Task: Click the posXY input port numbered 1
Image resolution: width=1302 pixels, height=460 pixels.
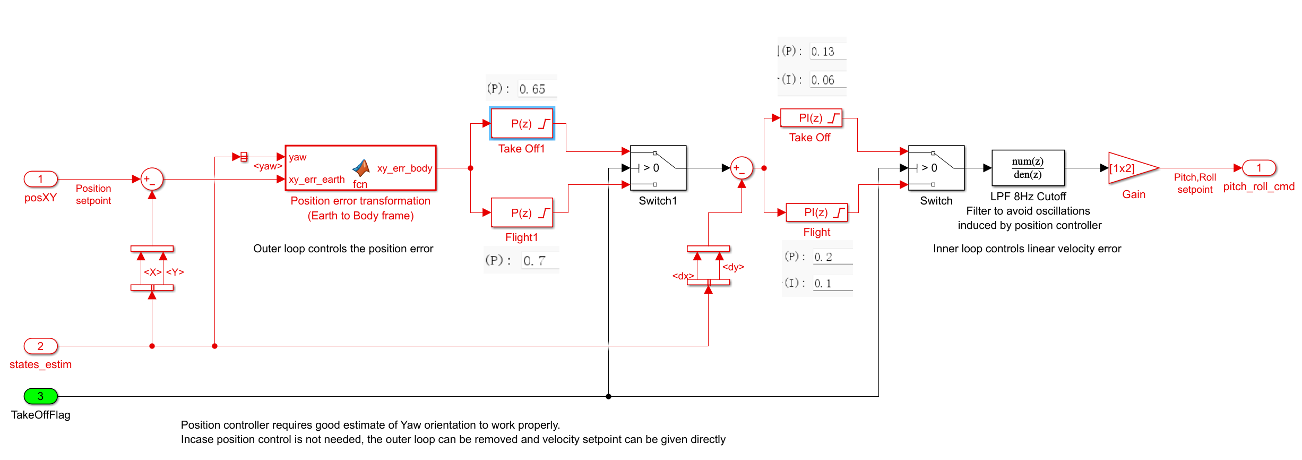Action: (x=40, y=179)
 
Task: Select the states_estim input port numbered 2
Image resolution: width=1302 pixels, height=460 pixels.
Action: (x=40, y=346)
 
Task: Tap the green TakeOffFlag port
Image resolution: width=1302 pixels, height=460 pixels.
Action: (x=40, y=396)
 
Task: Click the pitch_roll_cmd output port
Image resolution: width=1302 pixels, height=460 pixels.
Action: (x=1258, y=168)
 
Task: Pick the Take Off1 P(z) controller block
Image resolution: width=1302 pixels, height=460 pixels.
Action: (x=522, y=124)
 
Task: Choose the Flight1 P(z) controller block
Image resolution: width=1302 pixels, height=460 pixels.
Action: (x=522, y=213)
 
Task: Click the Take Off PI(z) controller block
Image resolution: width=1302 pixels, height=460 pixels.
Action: (x=811, y=118)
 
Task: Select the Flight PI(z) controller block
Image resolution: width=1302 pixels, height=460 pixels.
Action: (x=816, y=212)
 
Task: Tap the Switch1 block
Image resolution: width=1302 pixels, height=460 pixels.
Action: (x=658, y=168)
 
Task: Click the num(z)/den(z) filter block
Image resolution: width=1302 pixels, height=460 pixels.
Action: (x=1028, y=168)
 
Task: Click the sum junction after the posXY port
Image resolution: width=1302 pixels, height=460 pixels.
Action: (x=152, y=180)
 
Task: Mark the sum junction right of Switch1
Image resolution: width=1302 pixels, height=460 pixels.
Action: (x=741, y=168)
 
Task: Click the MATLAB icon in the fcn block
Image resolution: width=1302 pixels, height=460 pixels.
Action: (x=361, y=168)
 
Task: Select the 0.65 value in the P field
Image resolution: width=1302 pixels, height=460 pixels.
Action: (x=532, y=89)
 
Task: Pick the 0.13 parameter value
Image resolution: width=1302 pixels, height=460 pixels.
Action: (x=823, y=52)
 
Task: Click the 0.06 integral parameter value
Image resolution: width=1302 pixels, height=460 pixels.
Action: (x=823, y=80)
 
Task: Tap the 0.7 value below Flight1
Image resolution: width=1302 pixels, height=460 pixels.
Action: (x=534, y=261)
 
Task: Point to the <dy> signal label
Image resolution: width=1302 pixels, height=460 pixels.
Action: (x=733, y=267)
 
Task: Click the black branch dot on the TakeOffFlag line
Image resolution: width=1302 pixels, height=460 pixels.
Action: (x=608, y=396)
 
